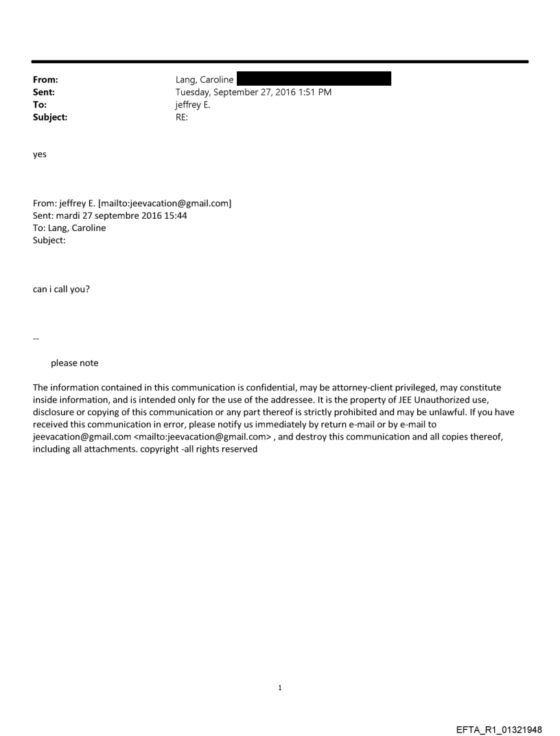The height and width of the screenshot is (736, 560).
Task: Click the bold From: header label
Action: [45, 80]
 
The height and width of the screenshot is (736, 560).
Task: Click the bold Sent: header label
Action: [43, 93]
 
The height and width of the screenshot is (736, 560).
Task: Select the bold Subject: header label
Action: [50, 117]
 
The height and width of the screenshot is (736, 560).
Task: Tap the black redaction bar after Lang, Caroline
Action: [314, 80]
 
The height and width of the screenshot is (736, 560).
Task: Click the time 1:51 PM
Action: [313, 93]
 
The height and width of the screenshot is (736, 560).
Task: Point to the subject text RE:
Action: [182, 117]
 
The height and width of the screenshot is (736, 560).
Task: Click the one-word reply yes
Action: [40, 155]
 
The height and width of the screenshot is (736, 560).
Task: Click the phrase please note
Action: [74, 364]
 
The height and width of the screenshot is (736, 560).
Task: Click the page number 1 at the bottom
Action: [280, 687]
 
